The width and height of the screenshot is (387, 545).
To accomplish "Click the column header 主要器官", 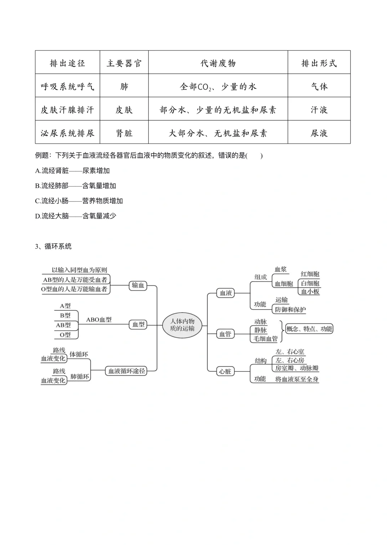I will click(124, 63).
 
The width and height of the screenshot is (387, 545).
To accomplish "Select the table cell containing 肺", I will click(124, 86).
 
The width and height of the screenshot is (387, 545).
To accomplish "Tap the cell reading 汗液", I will click(319, 110).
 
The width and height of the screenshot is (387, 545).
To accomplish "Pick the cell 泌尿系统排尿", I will click(67, 133).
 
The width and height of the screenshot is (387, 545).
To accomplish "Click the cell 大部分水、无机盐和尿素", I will click(218, 133).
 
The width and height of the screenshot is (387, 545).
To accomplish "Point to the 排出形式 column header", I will click(319, 63).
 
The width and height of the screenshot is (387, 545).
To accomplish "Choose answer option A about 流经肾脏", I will click(72, 171).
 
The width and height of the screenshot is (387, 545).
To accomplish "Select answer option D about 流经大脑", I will click(76, 216).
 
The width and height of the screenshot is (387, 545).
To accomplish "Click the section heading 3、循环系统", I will click(53, 246).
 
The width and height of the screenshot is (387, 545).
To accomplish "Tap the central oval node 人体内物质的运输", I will click(182, 325).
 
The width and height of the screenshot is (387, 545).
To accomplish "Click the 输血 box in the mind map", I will click(138, 285).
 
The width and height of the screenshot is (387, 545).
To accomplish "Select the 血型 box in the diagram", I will click(138, 325).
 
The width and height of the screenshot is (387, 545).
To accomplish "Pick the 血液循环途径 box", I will click(126, 371).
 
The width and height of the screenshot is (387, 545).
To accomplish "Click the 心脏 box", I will click(225, 372).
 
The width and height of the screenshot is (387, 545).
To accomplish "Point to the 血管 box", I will click(225, 334).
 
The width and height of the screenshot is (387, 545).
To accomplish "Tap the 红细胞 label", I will click(310, 274).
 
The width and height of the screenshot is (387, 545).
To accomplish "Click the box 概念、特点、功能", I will click(309, 329).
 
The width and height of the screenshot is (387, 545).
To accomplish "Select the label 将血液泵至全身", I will click(297, 379).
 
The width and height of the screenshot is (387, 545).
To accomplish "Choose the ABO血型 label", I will click(99, 320).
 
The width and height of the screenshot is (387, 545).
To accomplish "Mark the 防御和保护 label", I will click(290, 310).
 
